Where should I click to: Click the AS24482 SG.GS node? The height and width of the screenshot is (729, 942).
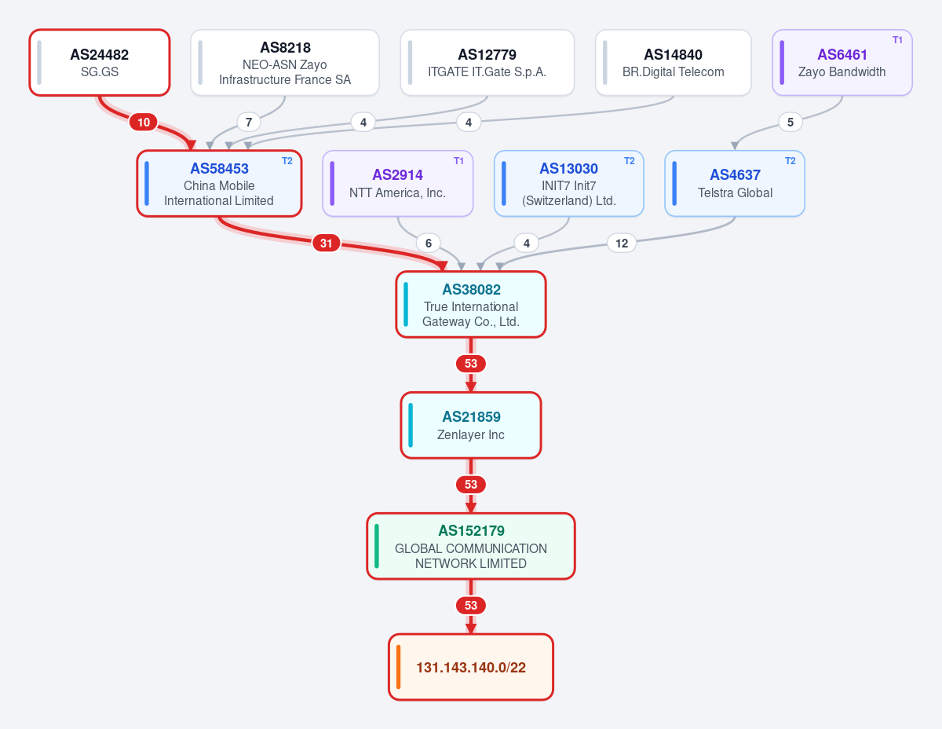99,62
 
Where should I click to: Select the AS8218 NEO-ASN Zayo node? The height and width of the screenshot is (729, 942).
285,62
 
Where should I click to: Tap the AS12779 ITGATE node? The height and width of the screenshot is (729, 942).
487,62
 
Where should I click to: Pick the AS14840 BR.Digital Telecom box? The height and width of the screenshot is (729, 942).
674,62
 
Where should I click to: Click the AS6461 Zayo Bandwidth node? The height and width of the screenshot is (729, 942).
842,62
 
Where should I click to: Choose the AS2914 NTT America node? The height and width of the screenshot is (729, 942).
397,184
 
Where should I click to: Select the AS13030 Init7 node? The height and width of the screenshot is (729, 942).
569,184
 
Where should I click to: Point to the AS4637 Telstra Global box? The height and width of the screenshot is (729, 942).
735,184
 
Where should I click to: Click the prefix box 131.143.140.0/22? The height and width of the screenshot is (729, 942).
471,667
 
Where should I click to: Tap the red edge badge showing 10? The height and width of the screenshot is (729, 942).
144,123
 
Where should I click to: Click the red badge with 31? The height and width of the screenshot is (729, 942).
326,244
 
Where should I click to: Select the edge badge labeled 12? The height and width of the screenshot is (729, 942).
622,244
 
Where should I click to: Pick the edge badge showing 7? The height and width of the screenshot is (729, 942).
249,123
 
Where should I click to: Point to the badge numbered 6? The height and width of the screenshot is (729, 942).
429,244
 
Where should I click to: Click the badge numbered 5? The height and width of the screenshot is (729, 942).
790,123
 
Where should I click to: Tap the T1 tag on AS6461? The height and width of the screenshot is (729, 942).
897,40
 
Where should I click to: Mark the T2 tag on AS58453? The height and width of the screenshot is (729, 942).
287,161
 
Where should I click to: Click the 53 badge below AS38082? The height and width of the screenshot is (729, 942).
471,364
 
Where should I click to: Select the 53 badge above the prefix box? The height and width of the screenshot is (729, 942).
471,606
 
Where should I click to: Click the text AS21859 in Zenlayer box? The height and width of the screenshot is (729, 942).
471,417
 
